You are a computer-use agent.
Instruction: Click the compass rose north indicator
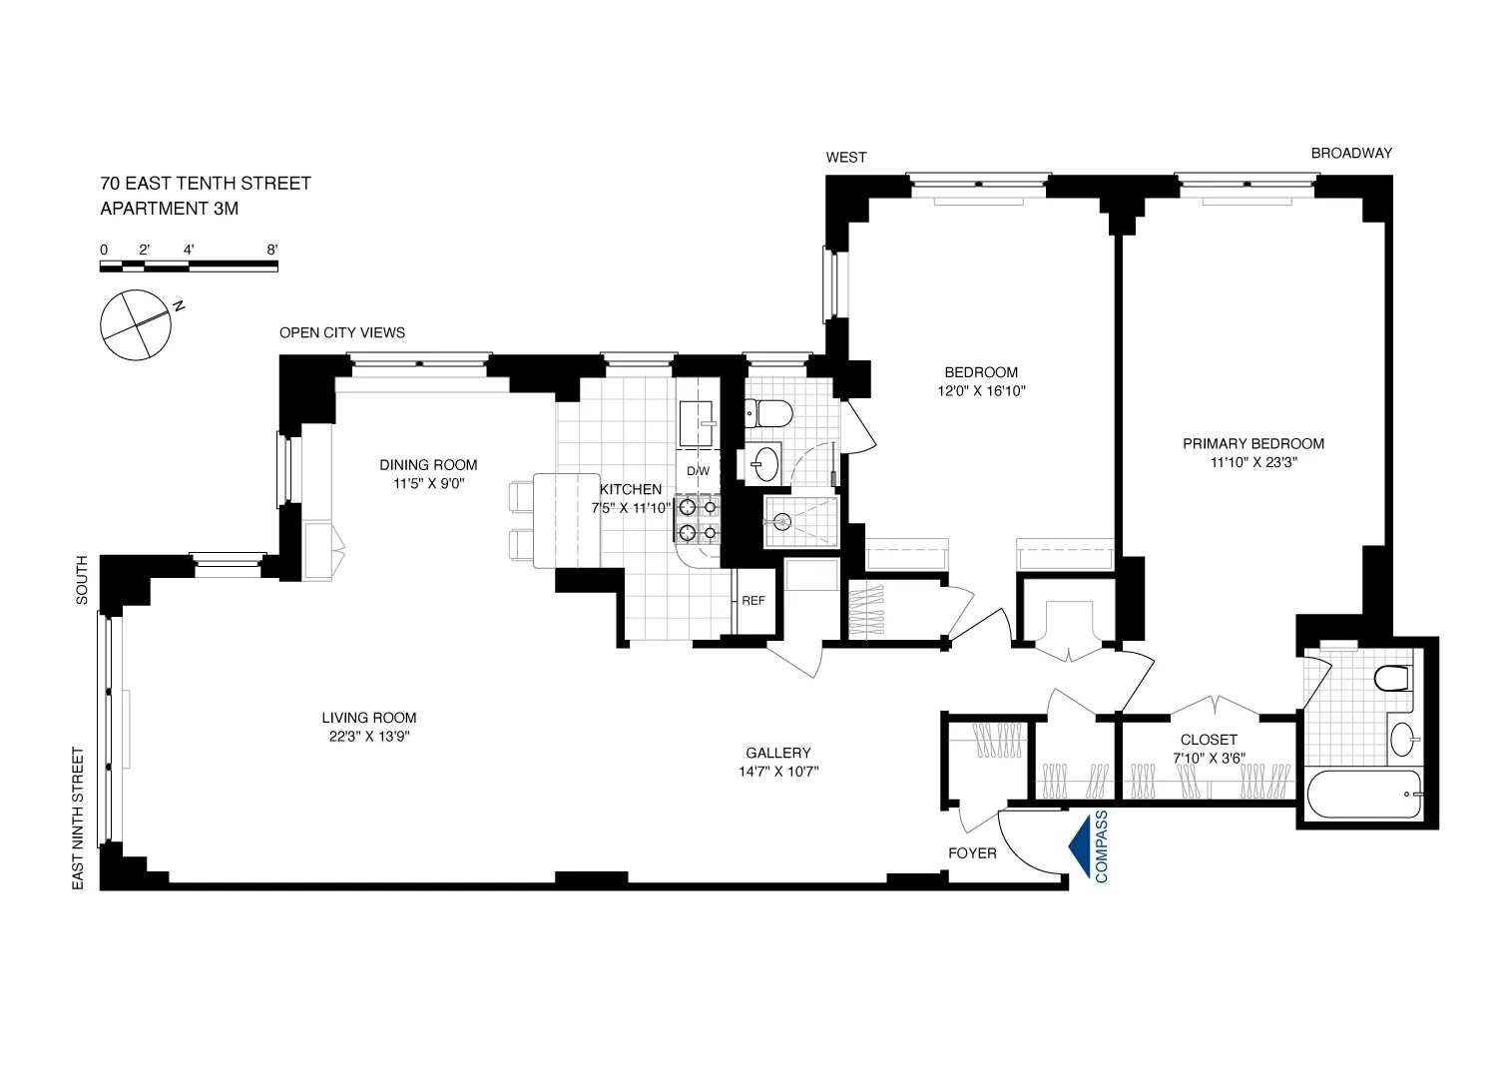pos(137,324)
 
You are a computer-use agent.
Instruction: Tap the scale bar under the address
pos(189,266)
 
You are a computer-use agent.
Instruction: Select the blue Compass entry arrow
pos(1078,846)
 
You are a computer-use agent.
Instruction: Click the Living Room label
pos(368,718)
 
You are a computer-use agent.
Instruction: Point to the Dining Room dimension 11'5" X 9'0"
pos(428,483)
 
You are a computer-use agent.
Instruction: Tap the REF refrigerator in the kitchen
pos(753,601)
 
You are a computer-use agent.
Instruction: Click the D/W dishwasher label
pos(698,471)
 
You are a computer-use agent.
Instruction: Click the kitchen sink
pos(697,423)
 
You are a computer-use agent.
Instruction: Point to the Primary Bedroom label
pos(1253,444)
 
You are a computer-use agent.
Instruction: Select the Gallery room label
pos(778,754)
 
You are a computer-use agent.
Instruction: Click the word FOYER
pos(972,853)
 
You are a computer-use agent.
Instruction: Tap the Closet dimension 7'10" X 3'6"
pos(1209,758)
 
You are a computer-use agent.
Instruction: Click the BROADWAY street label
pos(1351,153)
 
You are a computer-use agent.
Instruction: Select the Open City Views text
pos(342,332)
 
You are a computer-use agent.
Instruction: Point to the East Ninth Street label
pos(79,817)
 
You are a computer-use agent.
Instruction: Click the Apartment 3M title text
pos(170,209)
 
